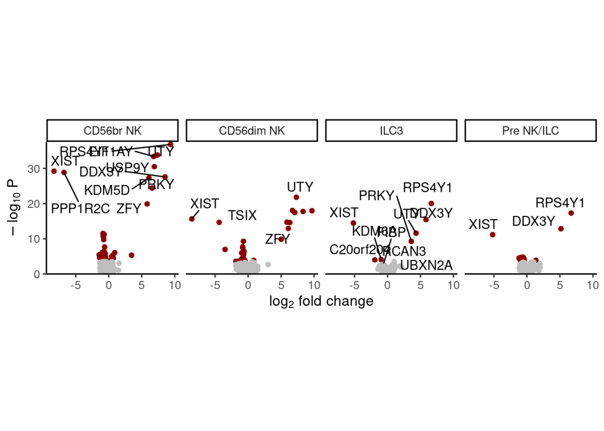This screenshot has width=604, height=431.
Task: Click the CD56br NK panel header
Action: tap(112, 131)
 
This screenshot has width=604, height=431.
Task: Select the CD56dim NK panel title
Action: tap(252, 131)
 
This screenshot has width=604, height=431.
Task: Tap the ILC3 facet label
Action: tap(391, 131)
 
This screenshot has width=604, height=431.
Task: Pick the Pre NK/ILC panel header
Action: tap(530, 131)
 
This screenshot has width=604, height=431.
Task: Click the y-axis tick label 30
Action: tap(34, 168)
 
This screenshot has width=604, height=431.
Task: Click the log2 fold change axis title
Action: tap(321, 302)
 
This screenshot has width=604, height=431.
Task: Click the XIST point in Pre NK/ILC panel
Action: tap(493, 235)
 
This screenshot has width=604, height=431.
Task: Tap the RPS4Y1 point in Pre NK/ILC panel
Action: tap(571, 213)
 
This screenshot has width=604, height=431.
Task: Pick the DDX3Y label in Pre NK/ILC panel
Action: tap(534, 221)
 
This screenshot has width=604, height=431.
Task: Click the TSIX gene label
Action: tap(242, 215)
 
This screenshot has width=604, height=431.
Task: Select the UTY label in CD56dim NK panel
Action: tap(300, 187)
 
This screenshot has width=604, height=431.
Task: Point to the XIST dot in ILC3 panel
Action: tap(353, 223)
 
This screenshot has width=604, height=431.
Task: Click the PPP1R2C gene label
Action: tap(81, 209)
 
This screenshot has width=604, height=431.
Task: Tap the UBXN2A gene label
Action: tap(427, 265)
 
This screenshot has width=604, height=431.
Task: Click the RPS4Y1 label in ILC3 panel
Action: tap(428, 187)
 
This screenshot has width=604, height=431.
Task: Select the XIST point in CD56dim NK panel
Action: tap(192, 219)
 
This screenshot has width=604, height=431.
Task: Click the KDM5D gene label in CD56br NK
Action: tap(107, 190)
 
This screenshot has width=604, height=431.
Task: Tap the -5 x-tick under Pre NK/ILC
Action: tap(493, 286)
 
